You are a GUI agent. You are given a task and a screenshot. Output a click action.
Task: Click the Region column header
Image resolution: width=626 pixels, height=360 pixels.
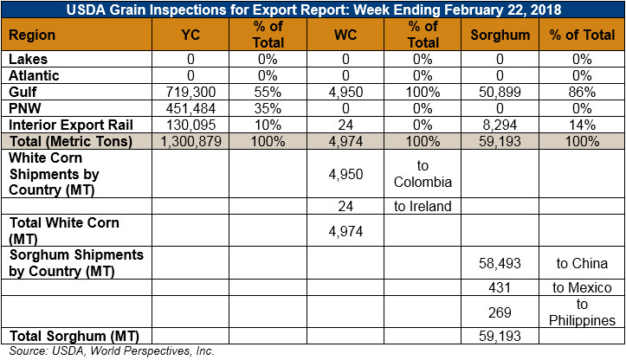pos(32,35)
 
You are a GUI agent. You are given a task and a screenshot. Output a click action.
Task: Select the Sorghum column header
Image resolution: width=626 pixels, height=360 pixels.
pos(500,35)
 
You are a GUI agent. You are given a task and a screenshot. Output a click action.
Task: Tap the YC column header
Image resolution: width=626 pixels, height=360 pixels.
pos(190,35)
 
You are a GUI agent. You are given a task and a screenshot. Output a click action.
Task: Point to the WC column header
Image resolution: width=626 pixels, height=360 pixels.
pos(345,35)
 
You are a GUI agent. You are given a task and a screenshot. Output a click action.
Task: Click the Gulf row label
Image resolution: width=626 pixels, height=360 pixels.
pos(23,92)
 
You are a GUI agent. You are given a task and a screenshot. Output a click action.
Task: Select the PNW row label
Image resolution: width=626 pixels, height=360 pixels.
pos(25,108)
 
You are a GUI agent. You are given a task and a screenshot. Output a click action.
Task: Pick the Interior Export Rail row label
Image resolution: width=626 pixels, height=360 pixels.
pos(71,125)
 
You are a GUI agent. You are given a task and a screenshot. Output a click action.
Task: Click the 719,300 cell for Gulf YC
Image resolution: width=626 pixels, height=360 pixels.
pos(190,93)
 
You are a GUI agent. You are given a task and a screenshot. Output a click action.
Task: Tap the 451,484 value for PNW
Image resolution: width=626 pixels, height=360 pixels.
pos(190,108)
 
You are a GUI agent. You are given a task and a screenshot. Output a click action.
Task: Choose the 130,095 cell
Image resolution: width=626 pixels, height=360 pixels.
pos(190,125)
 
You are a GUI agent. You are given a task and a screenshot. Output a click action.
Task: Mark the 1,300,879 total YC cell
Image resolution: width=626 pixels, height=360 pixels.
pos(190,141)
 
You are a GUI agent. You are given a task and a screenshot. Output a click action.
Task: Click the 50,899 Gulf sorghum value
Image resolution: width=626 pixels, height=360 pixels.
pos(500,93)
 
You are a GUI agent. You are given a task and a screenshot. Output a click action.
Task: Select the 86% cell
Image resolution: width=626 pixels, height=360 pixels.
pos(582,93)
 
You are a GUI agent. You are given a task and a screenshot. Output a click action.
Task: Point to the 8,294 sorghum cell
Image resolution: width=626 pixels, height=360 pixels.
pos(500,125)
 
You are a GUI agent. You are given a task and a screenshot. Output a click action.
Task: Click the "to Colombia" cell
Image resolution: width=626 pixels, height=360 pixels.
pos(423,174)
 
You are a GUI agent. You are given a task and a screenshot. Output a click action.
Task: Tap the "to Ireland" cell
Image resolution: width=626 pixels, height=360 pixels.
pos(423,206)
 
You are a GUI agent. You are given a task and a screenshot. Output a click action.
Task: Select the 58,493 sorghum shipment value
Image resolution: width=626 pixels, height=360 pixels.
pos(500,263)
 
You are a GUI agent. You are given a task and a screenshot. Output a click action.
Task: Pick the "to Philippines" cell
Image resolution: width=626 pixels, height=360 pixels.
pos(582,312)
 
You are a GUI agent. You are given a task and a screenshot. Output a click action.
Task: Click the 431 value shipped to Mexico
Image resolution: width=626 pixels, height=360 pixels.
pos(500,287)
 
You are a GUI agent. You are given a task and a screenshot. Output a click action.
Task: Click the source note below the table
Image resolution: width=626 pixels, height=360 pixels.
pos(112,350)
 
